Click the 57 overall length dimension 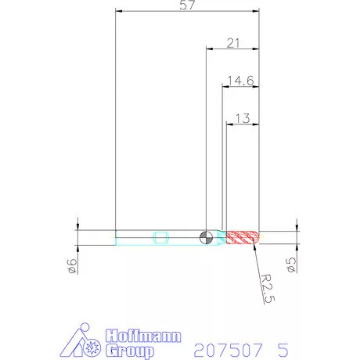pos(187,5)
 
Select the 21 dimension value pos(233,43)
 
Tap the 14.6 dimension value pos(240,81)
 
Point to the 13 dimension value pos(243,118)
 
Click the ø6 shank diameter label pos(73,266)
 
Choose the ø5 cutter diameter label pos(292,265)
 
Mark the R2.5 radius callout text pos(268,289)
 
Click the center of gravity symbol pos(206,237)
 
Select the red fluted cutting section pos(243,237)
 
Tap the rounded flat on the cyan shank pos(160,237)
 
